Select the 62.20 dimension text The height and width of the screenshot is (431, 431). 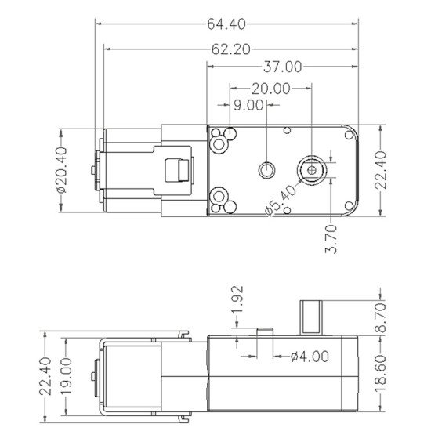pos(230,49)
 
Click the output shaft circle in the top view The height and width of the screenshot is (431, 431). pos(313,168)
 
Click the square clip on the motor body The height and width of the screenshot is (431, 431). pos(179,169)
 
